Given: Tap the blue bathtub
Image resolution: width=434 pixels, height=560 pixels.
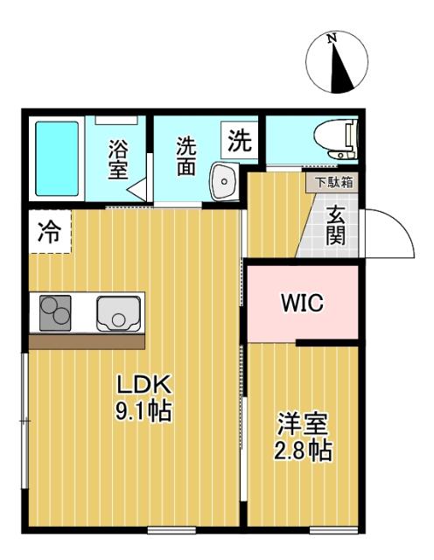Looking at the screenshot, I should [x=57, y=158].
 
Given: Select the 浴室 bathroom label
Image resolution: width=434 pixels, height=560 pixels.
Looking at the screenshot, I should [x=118, y=160].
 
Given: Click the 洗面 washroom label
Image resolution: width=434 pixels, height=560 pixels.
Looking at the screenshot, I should [x=185, y=156].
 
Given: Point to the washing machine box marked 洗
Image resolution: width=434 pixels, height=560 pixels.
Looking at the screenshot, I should [x=238, y=138].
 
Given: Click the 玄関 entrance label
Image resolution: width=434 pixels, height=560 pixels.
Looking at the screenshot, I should [x=336, y=225].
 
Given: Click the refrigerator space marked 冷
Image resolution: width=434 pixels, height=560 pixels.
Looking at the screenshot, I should [x=49, y=232].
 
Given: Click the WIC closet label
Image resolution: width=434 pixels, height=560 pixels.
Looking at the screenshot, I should [x=302, y=304].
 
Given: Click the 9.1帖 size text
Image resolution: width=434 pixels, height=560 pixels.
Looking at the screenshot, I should [x=143, y=409].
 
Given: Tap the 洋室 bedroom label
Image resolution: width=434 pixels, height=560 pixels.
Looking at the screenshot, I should [x=303, y=427].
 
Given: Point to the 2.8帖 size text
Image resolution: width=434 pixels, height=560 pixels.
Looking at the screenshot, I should [x=303, y=451].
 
